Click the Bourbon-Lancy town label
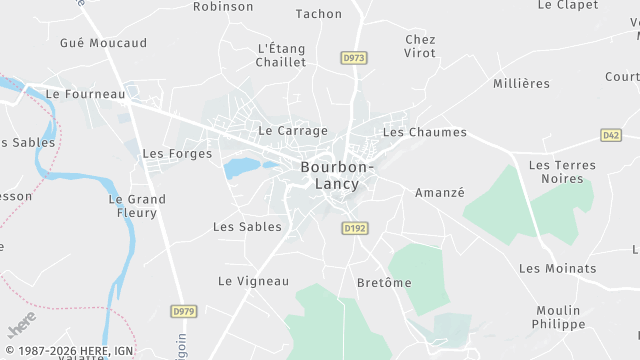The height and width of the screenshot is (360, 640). click(337, 176)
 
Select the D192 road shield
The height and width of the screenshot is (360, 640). click(354, 228)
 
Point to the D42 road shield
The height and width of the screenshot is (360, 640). click(610, 134)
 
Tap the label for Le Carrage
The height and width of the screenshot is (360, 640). click(293, 131)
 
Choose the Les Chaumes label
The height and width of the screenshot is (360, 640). click(425, 132)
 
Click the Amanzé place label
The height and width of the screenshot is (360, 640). click(440, 193)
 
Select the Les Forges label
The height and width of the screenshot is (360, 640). click(178, 154)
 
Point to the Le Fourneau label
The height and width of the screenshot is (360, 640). click(86, 94)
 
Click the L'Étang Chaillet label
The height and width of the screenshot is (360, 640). click(281, 54)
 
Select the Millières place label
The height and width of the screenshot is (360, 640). click(521, 83)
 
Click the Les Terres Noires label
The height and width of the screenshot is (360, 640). click(562, 172)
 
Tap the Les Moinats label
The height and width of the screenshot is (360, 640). click(557, 268)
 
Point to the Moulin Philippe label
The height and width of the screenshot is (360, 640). click(559, 317)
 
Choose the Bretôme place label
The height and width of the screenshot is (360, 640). click(384, 283)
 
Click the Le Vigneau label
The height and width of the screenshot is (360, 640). click(253, 281)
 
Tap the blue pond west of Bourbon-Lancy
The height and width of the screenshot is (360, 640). click(241, 167)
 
